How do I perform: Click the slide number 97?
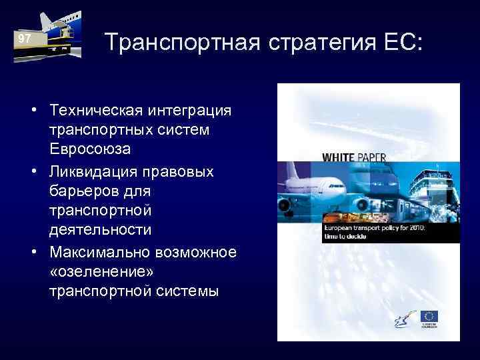(x=25, y=39)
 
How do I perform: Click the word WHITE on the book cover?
(x=340, y=158)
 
